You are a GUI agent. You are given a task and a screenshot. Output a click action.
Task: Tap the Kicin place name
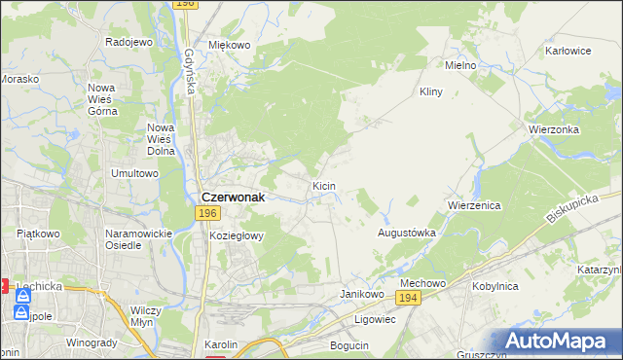pyautogui.click(x=324, y=185)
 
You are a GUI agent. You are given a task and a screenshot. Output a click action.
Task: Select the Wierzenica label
pyautogui.click(x=473, y=206)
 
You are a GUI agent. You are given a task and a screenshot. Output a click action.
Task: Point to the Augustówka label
pyautogui.click(x=406, y=234)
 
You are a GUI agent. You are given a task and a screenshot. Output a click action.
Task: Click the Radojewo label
pyautogui.click(x=129, y=42)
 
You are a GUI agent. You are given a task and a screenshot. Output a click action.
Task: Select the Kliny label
pyautogui.click(x=430, y=91)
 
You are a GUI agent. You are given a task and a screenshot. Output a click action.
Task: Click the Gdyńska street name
pyautogui.click(x=187, y=73)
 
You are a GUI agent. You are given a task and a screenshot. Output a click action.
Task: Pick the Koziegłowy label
pyautogui.click(x=237, y=235)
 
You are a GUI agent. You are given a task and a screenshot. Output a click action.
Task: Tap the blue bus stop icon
pyautogui.click(x=21, y=313)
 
